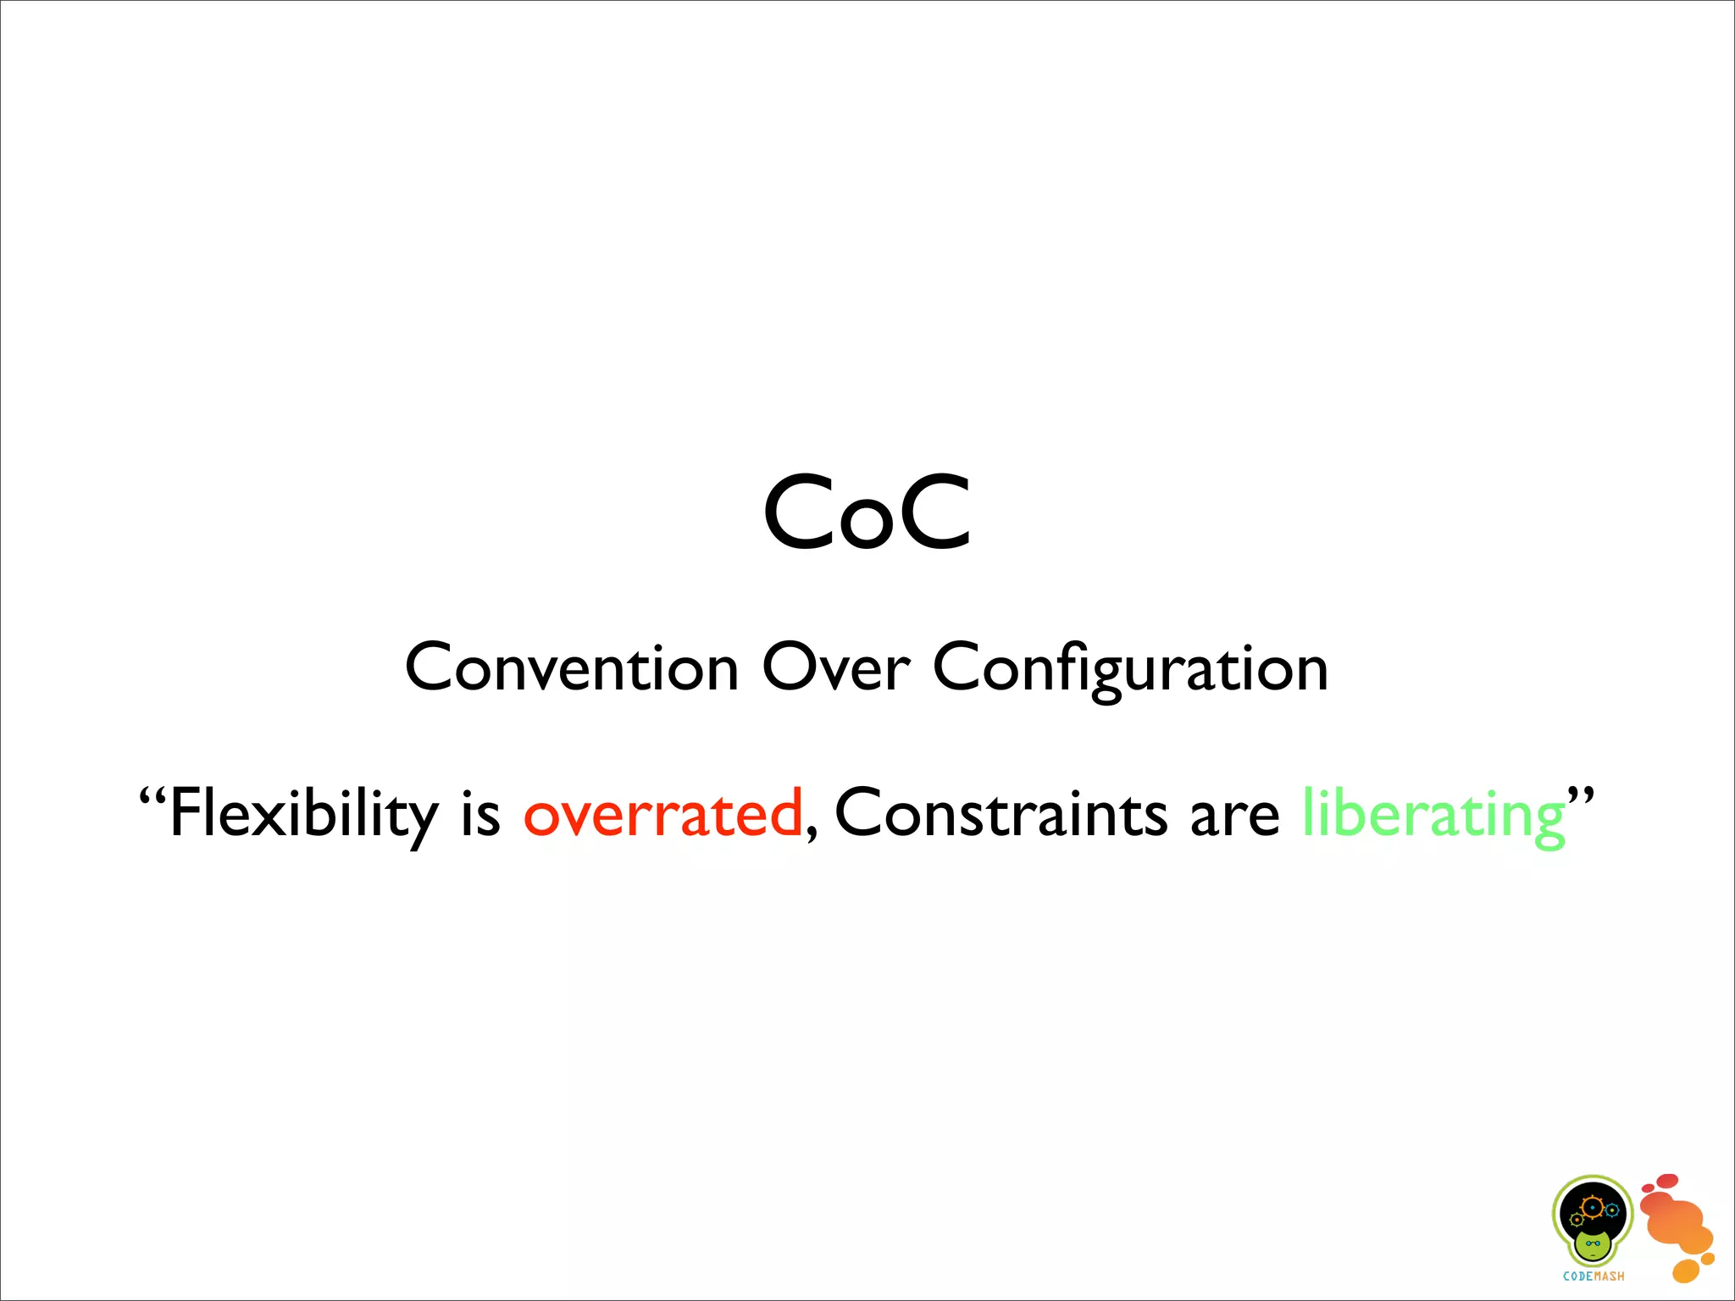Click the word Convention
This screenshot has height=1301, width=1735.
click(572, 668)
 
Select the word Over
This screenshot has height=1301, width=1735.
click(835, 668)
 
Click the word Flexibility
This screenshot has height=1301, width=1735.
click(303, 813)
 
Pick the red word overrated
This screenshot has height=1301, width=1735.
click(662, 814)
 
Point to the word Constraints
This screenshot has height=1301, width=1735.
click(1001, 813)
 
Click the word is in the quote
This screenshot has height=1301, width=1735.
click(480, 814)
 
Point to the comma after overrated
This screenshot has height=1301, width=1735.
click(812, 833)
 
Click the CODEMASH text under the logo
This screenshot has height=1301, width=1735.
click(1594, 1276)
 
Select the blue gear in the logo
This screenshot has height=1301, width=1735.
click(1612, 1210)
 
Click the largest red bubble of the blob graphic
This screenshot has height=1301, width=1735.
click(1666, 1181)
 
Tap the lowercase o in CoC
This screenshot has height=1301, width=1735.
click(867, 526)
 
